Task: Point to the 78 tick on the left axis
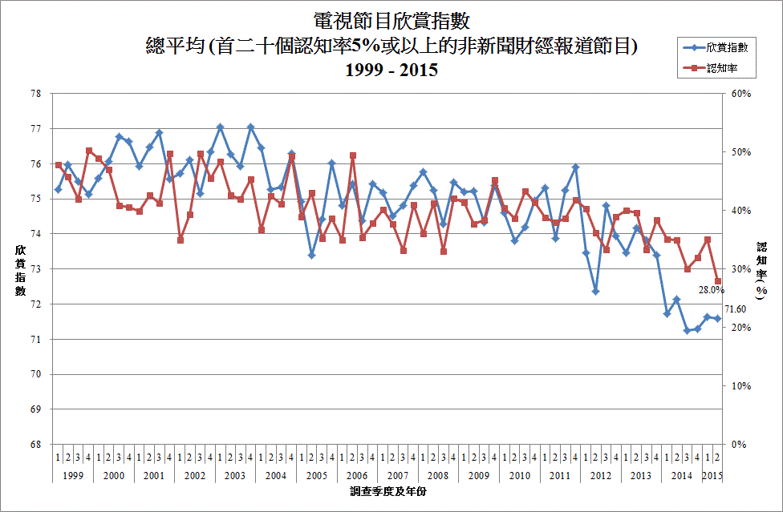[x=36, y=94]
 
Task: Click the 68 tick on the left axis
[x=36, y=445]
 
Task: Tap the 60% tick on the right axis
[x=740, y=94]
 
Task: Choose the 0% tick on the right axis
[x=737, y=445]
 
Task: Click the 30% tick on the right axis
[x=740, y=269]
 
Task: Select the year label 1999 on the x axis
[x=73, y=476]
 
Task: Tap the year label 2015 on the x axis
[x=712, y=476]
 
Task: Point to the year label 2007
[x=398, y=476]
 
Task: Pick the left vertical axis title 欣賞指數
[x=21, y=270]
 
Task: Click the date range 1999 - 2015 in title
[x=391, y=70]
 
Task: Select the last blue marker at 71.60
[x=717, y=319]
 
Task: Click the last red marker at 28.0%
[x=717, y=281]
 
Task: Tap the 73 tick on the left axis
[x=36, y=269]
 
